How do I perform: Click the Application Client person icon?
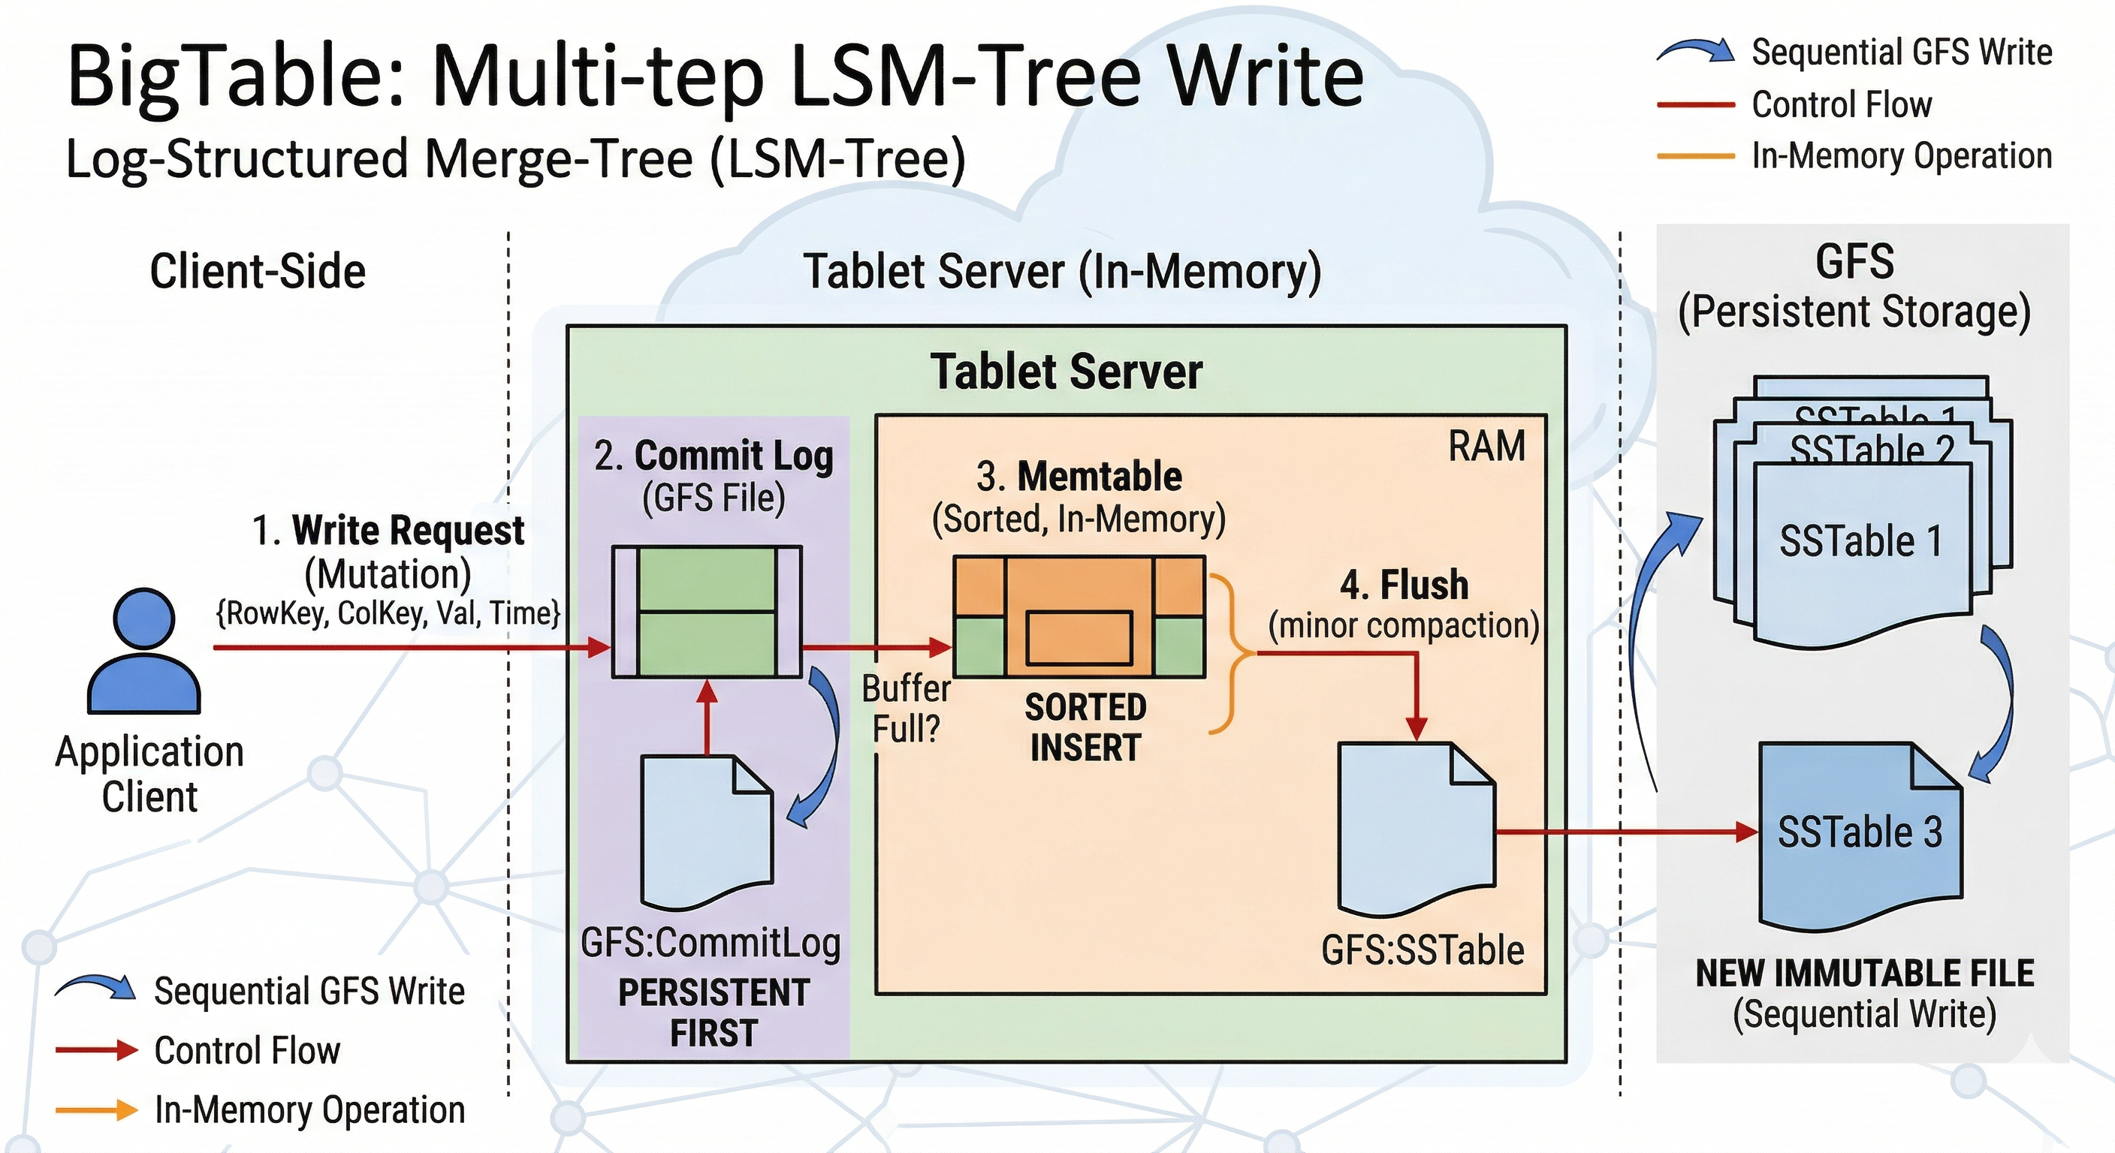[x=143, y=652]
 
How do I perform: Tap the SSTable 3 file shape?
[x=1860, y=833]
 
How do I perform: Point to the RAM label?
[x=1486, y=447]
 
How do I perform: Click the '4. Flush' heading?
[x=1404, y=585]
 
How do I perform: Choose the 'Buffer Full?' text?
[x=906, y=708]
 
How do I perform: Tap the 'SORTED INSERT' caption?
[x=1085, y=727]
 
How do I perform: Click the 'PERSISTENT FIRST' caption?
[x=714, y=1012]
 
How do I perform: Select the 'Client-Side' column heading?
[x=257, y=272]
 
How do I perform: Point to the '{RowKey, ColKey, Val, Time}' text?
[x=388, y=613]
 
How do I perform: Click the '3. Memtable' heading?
[x=1079, y=476]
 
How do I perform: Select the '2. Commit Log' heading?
[x=714, y=456]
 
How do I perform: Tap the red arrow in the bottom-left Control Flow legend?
[x=96, y=1049]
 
